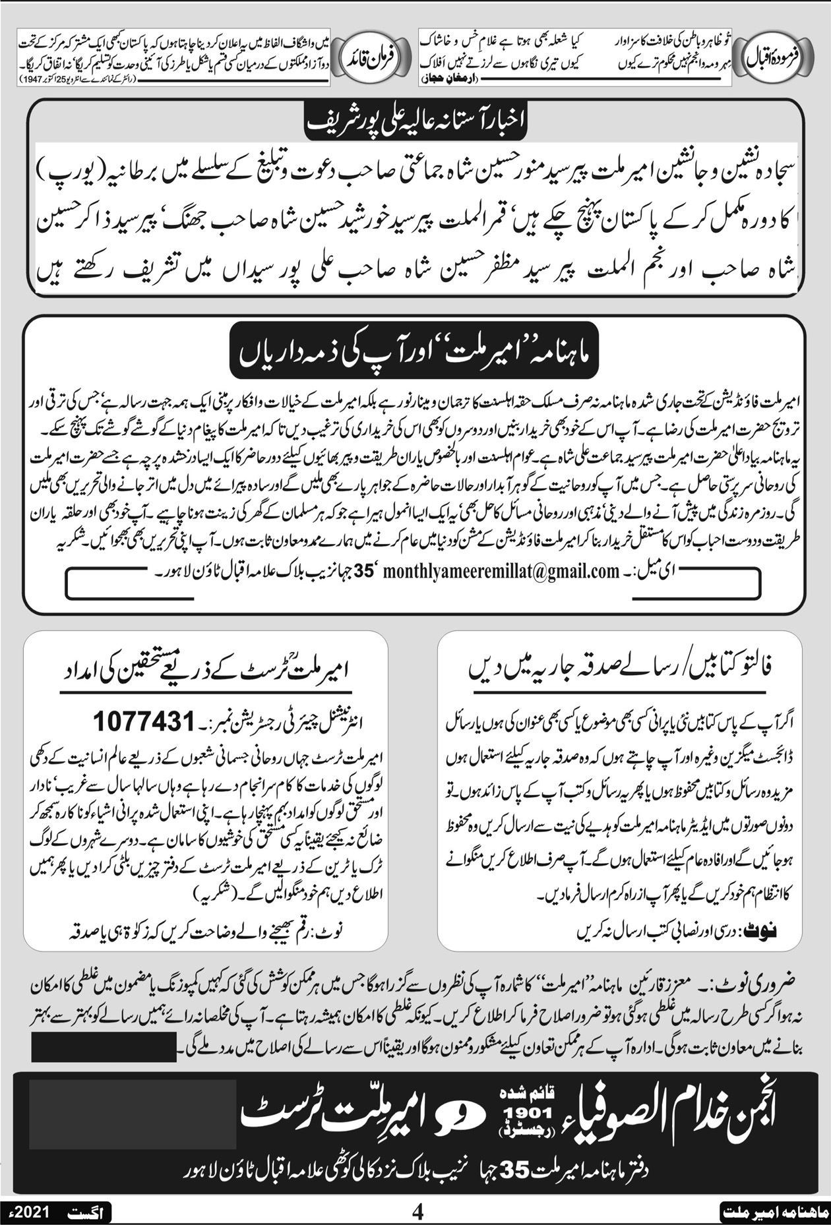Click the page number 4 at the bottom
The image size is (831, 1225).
click(x=416, y=1212)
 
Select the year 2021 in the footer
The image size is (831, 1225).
click(x=34, y=1212)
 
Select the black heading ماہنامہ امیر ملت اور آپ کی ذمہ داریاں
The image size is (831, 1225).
click(x=415, y=353)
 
